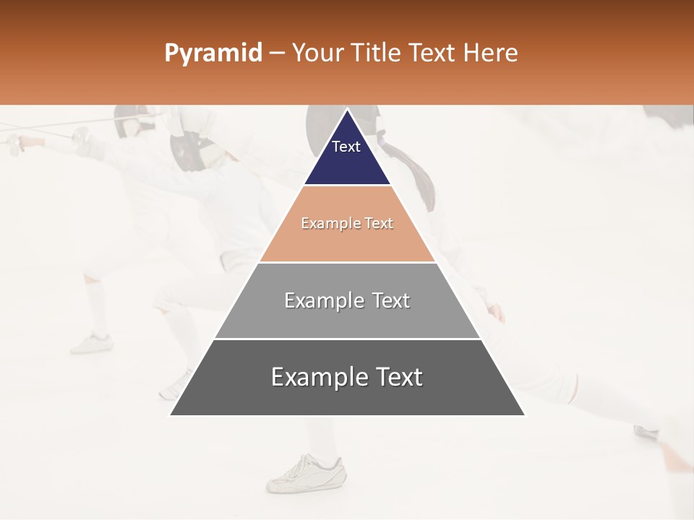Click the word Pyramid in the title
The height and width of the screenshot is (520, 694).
pos(213,53)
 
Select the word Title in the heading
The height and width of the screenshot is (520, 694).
pos(376,53)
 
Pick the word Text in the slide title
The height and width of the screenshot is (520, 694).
pos(432,53)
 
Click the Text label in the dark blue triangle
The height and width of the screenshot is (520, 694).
pos(346,147)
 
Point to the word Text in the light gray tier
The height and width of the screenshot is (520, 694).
pos(391,300)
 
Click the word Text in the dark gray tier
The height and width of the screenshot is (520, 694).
pos(398,377)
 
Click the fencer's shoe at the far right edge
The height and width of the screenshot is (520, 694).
pos(647,431)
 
